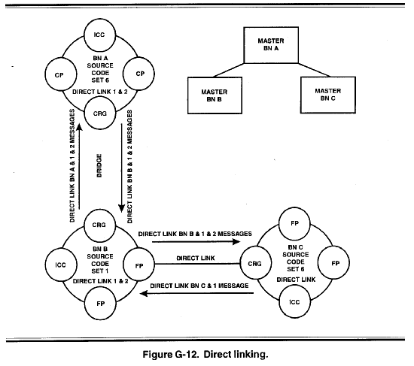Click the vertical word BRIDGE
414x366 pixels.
pos(99,165)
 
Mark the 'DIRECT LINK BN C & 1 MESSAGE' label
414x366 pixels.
pos(199,286)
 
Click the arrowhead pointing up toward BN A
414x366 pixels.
pos(79,127)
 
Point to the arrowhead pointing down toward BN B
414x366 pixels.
pos(121,209)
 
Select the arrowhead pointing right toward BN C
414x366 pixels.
pos(236,241)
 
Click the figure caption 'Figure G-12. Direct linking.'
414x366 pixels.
pos(205,354)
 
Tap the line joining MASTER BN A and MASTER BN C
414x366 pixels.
pos(315,70)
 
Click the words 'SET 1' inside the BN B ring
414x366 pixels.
pos(100,271)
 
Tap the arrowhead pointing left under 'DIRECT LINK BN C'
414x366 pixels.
pos(144,293)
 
